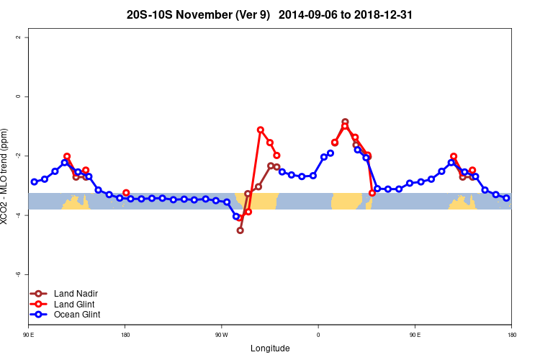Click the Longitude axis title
click(270, 348)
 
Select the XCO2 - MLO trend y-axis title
click(6, 177)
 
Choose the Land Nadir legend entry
click(76, 294)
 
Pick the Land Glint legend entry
click(75, 304)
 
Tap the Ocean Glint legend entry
click(77, 314)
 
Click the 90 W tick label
click(221, 335)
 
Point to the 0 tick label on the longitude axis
click(318, 335)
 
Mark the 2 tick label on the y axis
click(19, 37)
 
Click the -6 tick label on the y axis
click(19, 274)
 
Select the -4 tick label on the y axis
click(19, 215)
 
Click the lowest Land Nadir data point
click(240, 230)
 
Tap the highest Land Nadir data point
click(345, 122)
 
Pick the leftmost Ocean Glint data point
click(34, 181)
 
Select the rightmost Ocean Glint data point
click(506, 198)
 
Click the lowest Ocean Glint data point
click(236, 216)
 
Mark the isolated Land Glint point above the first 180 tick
click(126, 193)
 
